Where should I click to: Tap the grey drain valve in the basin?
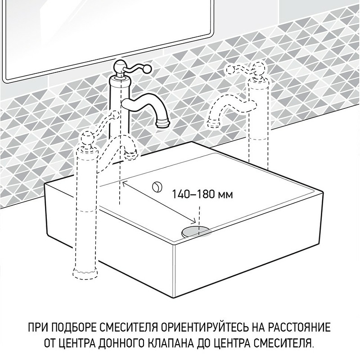pos(196,231)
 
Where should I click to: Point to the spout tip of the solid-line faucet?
pos(162,122)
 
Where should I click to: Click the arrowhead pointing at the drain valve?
pos(195,222)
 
